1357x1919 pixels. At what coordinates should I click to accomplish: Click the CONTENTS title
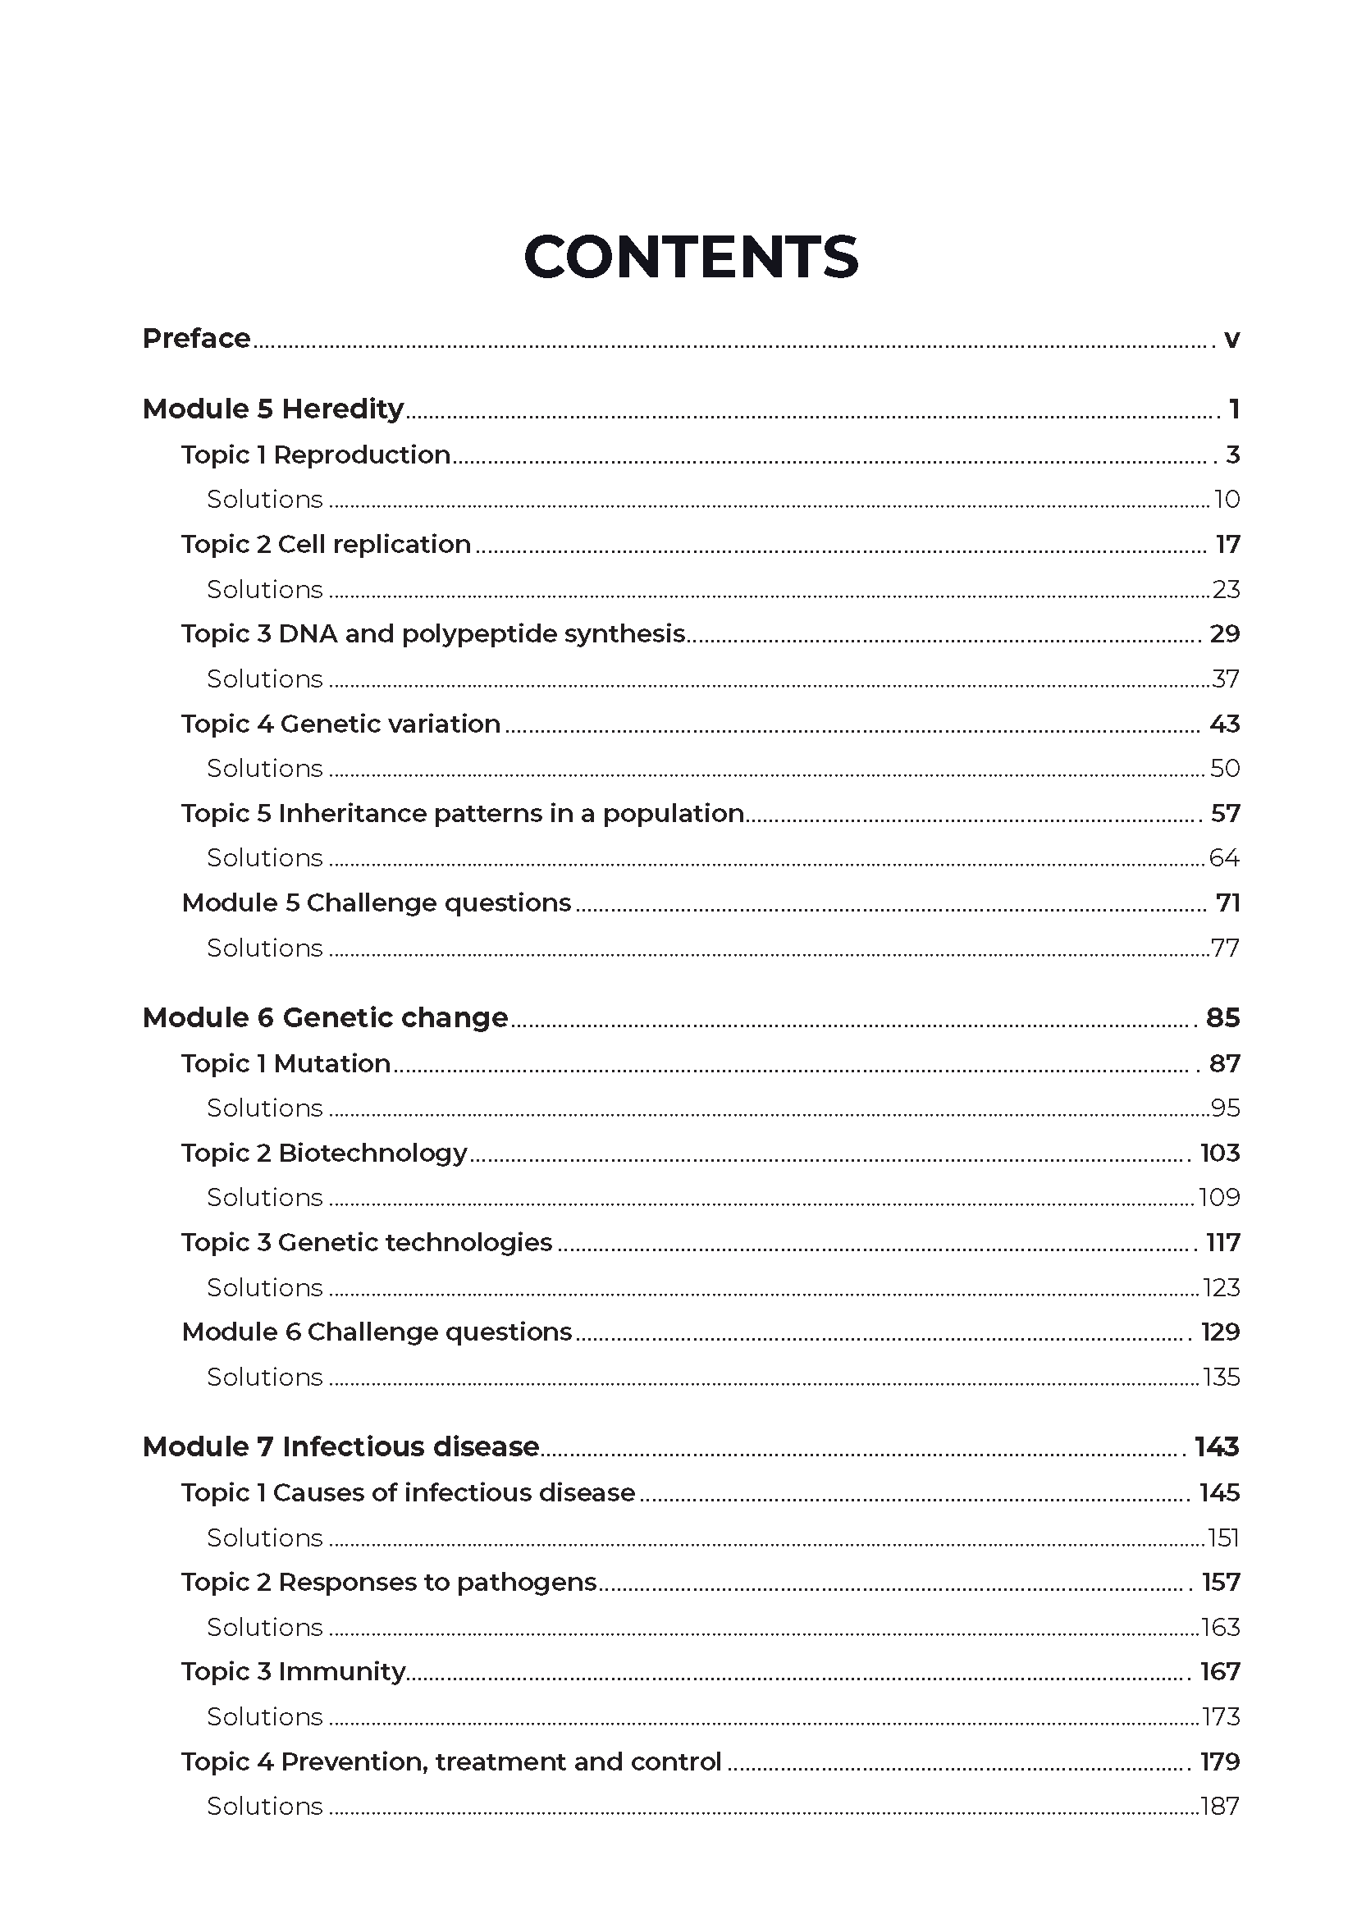(690, 257)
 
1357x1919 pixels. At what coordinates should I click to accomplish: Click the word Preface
(196, 338)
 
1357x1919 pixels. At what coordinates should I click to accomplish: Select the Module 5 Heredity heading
(273, 409)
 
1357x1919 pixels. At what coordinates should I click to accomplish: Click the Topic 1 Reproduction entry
(316, 455)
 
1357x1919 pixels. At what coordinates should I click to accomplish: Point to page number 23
(1226, 589)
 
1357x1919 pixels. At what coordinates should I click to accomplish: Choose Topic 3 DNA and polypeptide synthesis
(433, 633)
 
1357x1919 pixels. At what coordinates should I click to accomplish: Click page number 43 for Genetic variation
(1224, 724)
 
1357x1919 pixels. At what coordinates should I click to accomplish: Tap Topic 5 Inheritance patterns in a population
(462, 813)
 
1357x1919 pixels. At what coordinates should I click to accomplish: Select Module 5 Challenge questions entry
(376, 902)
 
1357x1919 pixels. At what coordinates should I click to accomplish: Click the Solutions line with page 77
(265, 948)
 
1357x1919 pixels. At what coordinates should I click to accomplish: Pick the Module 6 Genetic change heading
(325, 1017)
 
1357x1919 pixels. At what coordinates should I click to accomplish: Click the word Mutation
(332, 1063)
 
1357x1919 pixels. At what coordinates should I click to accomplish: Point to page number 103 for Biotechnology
(1219, 1153)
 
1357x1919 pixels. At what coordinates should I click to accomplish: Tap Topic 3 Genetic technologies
(367, 1242)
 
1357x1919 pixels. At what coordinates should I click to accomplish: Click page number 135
(1221, 1377)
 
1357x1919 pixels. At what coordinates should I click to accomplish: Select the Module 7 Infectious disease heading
(341, 1446)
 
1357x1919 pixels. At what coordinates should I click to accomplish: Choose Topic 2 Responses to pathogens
(389, 1581)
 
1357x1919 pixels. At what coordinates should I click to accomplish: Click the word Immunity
(342, 1670)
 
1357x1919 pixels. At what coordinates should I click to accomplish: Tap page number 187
(1220, 1805)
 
